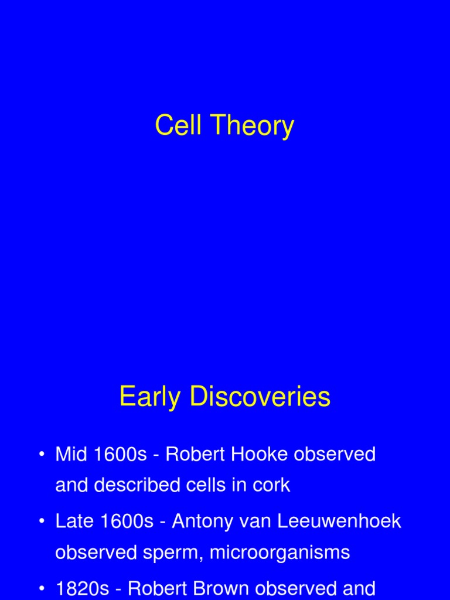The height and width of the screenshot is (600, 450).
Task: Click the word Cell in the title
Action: pyautogui.click(x=178, y=126)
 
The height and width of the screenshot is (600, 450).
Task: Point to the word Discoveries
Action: pyautogui.click(x=261, y=397)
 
